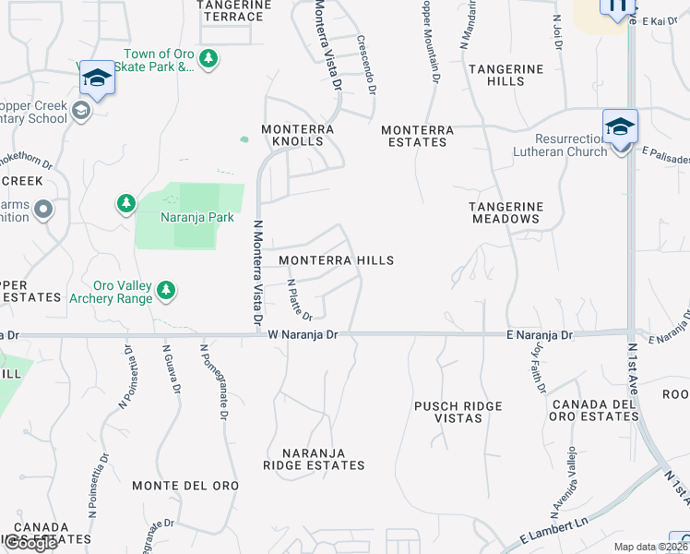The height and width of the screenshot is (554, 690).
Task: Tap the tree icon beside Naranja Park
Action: [125, 202]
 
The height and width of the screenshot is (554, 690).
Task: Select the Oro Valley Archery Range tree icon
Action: [166, 291]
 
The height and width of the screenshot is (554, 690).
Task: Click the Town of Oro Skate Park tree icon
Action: [208, 59]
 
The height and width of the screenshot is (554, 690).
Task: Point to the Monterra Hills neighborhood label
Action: [336, 261]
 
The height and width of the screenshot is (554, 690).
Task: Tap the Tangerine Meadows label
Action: [505, 212]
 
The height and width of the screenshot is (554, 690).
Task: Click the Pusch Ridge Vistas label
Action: [458, 412]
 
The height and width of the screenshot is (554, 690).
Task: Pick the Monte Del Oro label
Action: [185, 486]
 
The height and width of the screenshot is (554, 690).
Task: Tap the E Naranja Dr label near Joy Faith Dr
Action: [540, 334]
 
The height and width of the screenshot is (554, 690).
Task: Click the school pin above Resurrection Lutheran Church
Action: [621, 127]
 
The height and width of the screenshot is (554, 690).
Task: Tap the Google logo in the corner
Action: [30, 543]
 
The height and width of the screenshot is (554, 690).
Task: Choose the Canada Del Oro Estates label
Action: [595, 410]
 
